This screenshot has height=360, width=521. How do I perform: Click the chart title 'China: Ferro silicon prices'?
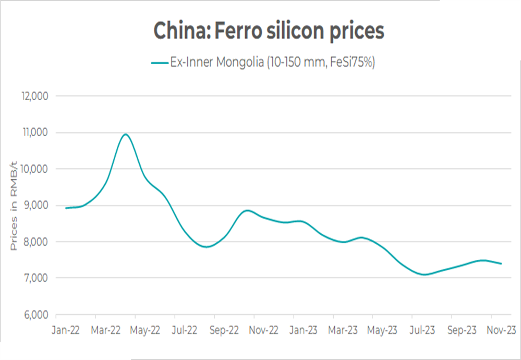(x=269, y=31)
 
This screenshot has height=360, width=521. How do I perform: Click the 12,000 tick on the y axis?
(x=34, y=96)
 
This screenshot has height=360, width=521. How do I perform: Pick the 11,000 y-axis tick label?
(x=34, y=133)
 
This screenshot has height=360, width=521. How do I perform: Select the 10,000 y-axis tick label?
(x=34, y=169)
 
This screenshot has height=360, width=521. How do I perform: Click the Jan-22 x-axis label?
(x=66, y=330)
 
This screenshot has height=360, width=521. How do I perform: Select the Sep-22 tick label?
(x=225, y=330)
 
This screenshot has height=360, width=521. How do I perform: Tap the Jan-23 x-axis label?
(x=304, y=330)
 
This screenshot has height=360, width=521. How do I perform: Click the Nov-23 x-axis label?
(x=502, y=330)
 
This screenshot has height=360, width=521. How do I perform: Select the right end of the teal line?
(x=501, y=263)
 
